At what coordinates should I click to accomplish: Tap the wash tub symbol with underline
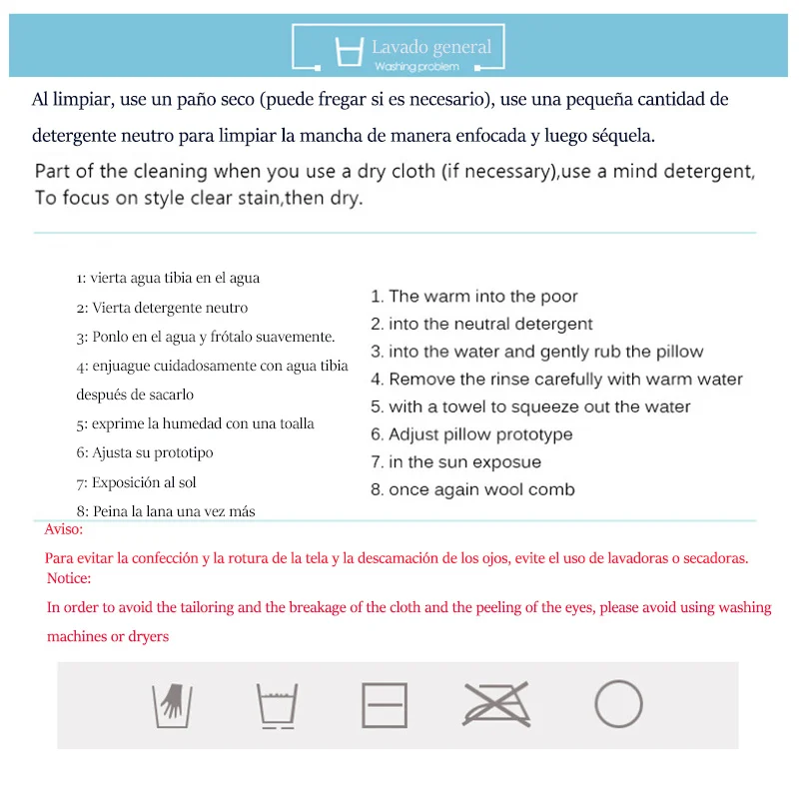pos(276,705)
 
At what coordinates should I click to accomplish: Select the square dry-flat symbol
pos(385,705)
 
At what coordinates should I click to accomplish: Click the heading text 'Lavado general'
pos(431,47)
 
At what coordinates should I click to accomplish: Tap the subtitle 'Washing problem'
pos(416,67)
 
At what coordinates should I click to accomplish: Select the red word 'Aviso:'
pos(65,530)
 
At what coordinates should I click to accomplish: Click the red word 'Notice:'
pos(69,578)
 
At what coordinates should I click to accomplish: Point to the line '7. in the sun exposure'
pos(455,462)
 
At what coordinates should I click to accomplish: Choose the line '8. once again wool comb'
pos(472,490)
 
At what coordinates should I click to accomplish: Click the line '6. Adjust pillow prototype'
pos(471,434)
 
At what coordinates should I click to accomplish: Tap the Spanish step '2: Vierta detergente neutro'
pos(162,308)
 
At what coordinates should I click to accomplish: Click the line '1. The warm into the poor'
pos(473,297)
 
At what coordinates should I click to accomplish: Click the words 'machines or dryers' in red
pos(108,636)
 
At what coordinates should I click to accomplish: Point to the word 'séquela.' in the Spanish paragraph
pos(625,134)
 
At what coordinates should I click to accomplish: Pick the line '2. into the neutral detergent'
pos(481,325)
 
